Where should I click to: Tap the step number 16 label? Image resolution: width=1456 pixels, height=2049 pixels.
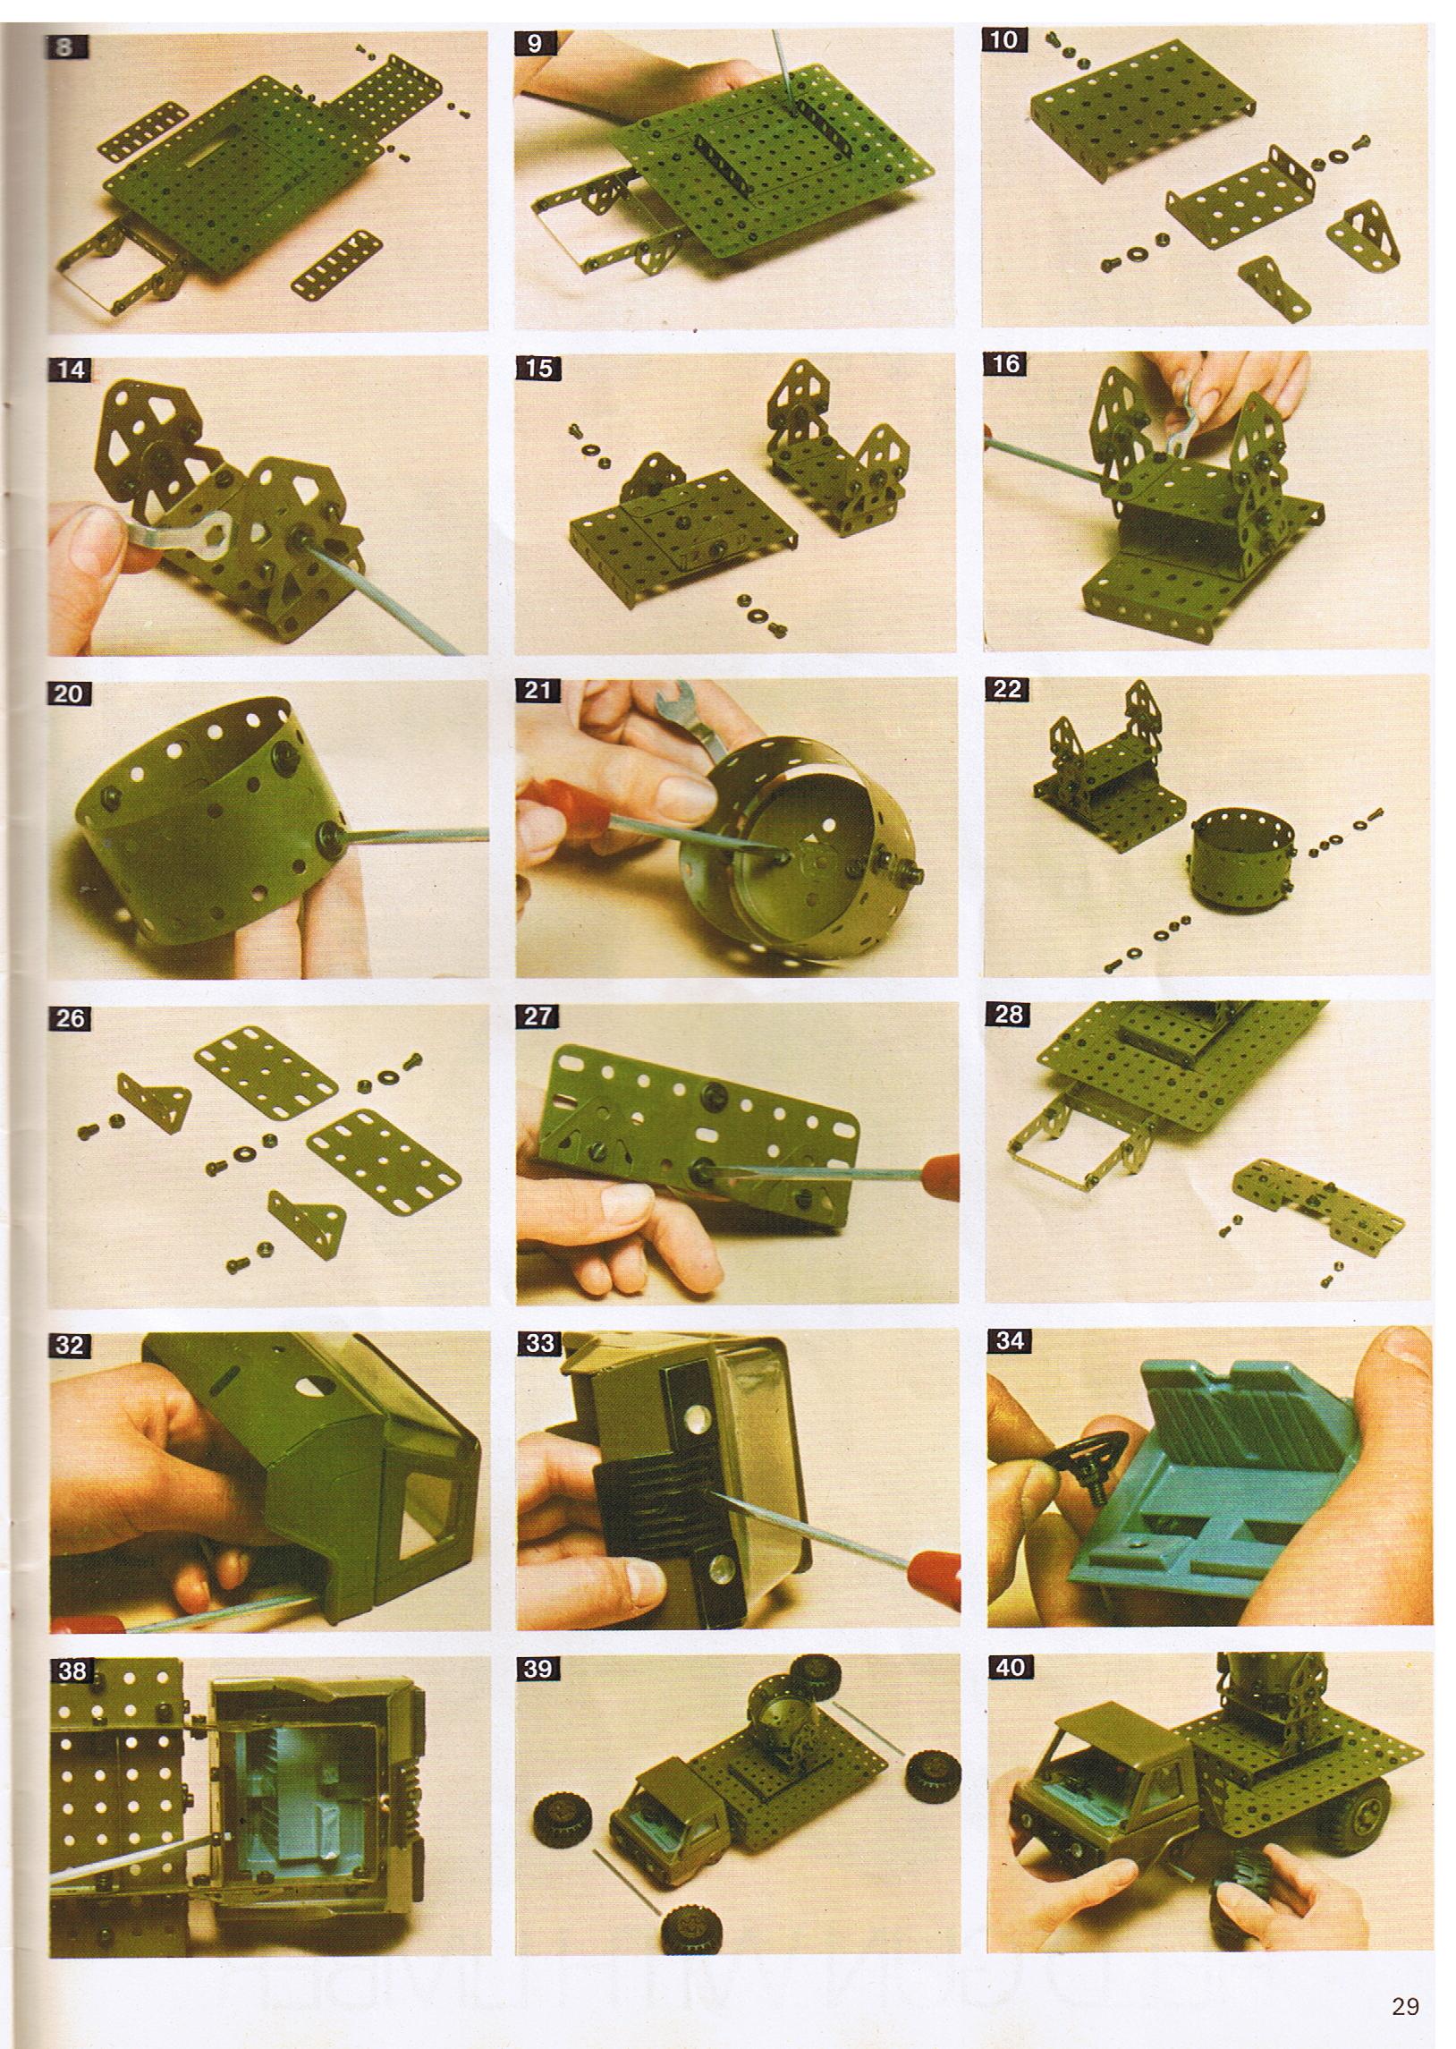pos(1007,364)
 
